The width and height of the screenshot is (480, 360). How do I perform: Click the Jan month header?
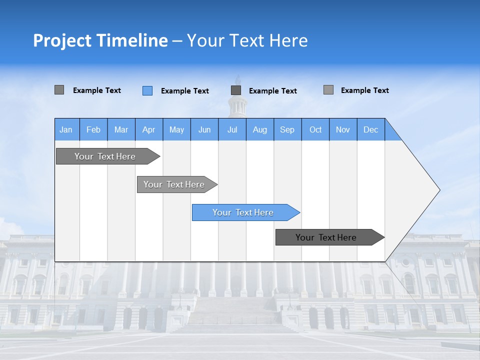66,129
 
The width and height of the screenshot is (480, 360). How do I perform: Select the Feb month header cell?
93,129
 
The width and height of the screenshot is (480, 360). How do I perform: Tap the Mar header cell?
121,129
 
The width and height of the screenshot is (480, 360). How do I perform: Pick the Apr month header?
149,129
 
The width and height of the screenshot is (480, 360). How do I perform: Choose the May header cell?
176,129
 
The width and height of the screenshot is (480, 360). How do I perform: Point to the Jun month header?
204,129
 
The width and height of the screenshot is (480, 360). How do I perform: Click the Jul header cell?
232,129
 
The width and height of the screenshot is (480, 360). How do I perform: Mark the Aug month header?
260,129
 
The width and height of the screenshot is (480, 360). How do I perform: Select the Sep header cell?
287,129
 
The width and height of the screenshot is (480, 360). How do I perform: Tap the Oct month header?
315,129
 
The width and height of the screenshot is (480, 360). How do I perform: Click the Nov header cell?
343,129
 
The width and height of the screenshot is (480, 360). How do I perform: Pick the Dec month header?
371,129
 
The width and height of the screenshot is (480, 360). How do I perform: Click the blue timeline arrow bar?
245,212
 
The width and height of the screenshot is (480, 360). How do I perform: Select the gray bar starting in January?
107,156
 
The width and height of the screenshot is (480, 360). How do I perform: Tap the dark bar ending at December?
329,237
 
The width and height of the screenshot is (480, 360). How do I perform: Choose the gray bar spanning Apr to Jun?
176,184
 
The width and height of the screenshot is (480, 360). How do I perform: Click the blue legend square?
147,90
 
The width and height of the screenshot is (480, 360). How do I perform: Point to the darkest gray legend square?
236,90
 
